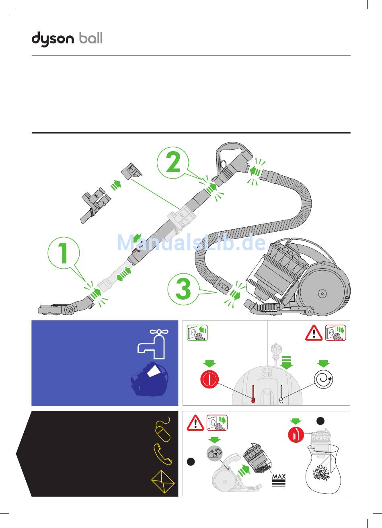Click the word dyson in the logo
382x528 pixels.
(53, 39)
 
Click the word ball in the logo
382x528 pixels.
(91, 38)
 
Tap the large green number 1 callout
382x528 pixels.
(64, 253)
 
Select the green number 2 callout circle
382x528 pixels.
(173, 162)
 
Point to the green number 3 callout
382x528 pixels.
(183, 289)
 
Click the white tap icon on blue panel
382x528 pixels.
(153, 344)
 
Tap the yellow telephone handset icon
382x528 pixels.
(162, 454)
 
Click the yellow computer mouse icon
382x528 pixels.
(163, 429)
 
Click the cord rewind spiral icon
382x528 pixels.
(323, 379)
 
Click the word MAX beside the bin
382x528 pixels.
(279, 477)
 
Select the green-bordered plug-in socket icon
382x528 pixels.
(197, 333)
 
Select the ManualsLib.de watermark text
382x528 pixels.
(191, 242)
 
